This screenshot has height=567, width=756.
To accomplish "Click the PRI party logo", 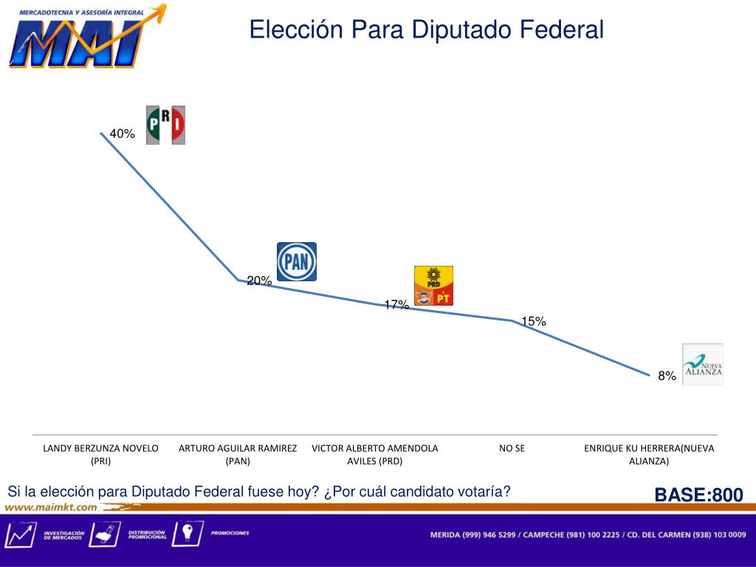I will click(165, 125).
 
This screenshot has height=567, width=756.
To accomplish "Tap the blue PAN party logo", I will click(297, 261).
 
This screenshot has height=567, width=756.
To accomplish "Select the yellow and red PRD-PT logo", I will click(433, 286).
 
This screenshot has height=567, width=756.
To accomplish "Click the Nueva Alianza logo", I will click(703, 365).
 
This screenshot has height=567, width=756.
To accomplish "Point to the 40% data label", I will click(123, 134).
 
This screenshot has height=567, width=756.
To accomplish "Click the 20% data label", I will click(259, 281).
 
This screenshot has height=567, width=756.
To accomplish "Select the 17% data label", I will click(396, 304).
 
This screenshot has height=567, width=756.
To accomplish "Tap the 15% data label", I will click(534, 321).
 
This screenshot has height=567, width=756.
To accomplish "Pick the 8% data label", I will click(667, 376).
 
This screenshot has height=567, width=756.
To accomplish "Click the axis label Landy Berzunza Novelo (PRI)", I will click(100, 454).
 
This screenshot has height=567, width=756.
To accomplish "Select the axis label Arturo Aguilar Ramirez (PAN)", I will click(238, 454).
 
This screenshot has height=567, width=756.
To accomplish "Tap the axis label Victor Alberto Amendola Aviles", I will click(375, 454).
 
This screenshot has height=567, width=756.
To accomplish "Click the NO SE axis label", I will click(512, 448).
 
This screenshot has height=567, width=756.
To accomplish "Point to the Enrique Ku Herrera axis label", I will click(649, 454).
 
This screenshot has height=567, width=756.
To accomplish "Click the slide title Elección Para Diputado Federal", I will click(426, 30).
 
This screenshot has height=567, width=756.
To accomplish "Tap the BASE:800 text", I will click(698, 495).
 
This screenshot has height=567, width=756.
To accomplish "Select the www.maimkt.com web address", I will click(52, 507).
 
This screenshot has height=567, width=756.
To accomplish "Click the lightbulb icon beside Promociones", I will click(187, 533).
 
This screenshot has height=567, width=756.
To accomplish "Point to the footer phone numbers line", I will click(588, 535).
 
